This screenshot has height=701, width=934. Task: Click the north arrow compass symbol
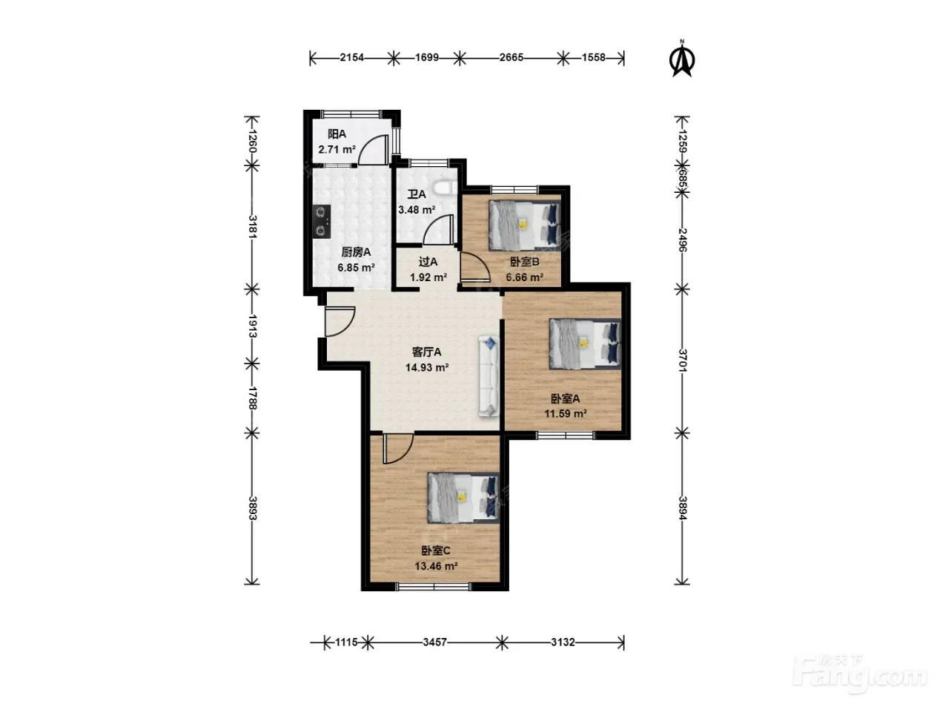(682, 59)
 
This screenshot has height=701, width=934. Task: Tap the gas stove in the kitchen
(321, 221)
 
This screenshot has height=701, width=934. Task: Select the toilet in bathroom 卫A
(445, 187)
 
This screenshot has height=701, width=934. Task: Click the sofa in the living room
(488, 376)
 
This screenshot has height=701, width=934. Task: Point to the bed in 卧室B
(523, 225)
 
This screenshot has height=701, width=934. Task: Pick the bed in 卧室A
(585, 343)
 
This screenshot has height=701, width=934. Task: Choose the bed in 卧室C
(463, 498)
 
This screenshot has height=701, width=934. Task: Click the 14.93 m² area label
(427, 367)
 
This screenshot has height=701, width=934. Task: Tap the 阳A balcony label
(337, 134)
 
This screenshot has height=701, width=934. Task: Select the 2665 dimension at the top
(511, 57)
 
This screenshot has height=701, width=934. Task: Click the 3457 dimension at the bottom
(435, 642)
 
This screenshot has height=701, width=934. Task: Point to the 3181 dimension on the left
(252, 227)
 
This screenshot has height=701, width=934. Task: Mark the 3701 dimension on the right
(682, 360)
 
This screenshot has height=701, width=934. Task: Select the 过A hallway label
(428, 262)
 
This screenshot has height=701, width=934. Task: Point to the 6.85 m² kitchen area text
(356, 268)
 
